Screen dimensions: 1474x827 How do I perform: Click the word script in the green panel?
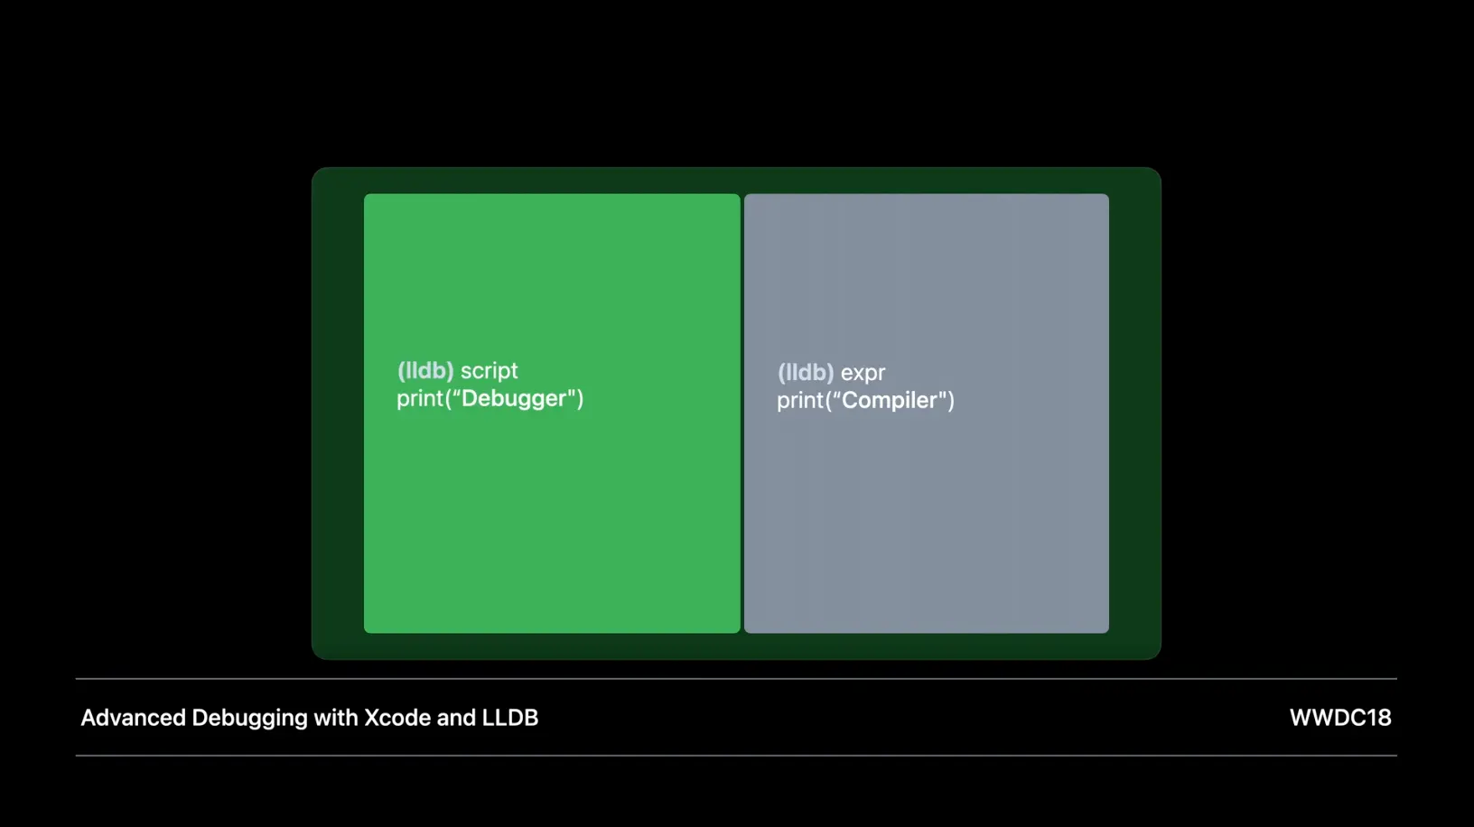(x=489, y=371)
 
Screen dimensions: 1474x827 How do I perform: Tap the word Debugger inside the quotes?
(x=514, y=398)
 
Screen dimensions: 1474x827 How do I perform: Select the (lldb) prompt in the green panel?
(x=425, y=371)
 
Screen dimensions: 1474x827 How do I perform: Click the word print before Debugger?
(x=420, y=399)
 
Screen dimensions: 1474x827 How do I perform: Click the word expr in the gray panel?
(x=863, y=373)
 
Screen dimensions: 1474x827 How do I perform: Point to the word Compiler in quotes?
(x=890, y=400)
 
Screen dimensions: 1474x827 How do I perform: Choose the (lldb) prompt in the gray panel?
(x=806, y=373)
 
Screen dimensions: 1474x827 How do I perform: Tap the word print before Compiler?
(x=800, y=401)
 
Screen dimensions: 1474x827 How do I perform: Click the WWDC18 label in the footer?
(x=1339, y=718)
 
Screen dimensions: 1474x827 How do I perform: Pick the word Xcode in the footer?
(x=396, y=718)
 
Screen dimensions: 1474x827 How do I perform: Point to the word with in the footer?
(x=335, y=718)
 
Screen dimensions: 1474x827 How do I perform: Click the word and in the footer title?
(x=456, y=718)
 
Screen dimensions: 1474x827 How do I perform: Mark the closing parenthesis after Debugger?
(x=580, y=398)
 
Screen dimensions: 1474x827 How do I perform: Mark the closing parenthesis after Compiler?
(x=951, y=400)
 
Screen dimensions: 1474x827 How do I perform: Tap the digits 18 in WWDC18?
(x=1378, y=718)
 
